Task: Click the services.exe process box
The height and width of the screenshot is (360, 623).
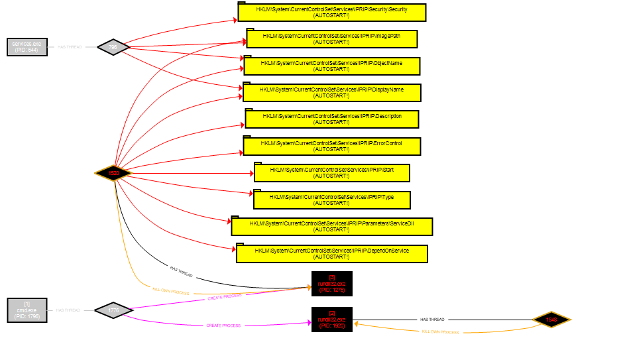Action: coord(27,47)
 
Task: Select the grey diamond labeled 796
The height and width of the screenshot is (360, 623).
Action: coord(113,47)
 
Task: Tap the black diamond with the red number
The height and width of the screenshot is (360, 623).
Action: coord(114,173)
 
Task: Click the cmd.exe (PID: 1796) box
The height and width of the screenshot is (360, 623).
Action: coord(27,310)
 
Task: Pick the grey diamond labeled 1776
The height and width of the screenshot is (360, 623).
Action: coord(113,310)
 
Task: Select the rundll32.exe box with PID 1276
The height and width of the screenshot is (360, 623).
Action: coord(332,284)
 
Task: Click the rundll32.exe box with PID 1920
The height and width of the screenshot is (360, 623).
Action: coord(332,320)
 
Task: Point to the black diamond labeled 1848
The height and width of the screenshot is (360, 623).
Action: coord(551,320)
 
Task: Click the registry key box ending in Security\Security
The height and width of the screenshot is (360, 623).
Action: coord(331,13)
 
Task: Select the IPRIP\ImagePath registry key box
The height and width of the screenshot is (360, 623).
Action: coord(331,38)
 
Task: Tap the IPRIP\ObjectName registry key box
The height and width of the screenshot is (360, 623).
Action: coord(331,66)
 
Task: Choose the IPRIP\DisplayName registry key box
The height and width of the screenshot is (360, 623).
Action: coord(331,92)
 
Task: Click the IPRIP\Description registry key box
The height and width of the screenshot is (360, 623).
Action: coord(332,119)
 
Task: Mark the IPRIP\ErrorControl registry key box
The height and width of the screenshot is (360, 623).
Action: coord(332,146)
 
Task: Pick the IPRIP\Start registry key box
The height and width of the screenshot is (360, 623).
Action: coord(332,173)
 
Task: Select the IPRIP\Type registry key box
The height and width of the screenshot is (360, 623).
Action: coord(332,200)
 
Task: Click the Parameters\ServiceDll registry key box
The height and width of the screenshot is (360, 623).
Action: coord(332,227)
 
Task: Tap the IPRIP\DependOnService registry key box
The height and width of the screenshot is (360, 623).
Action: coord(332,253)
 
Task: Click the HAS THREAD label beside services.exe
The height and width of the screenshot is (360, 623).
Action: coord(70,47)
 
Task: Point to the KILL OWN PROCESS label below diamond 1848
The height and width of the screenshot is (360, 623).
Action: coord(440,331)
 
